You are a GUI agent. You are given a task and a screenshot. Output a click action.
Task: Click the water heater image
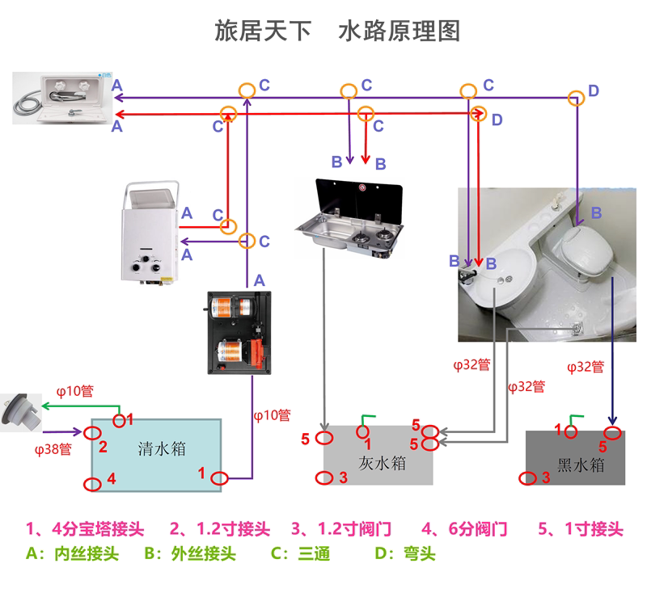[x=150, y=234]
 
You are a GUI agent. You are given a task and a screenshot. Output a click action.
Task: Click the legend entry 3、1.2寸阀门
[x=341, y=530]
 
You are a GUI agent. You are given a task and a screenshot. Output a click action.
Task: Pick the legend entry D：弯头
[x=406, y=555]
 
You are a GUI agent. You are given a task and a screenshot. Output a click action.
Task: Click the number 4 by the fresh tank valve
[x=112, y=478]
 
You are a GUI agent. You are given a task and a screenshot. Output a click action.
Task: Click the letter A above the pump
[x=260, y=280]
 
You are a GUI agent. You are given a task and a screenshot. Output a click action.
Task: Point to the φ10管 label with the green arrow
[x=74, y=391]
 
